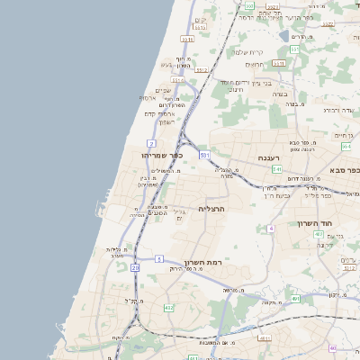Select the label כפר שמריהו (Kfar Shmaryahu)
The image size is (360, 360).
click(162, 155)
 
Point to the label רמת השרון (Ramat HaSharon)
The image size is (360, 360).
click(202, 262)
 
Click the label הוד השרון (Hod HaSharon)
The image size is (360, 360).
click(316, 222)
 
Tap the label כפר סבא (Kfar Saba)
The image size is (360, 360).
click(346, 170)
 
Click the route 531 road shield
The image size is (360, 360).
click(205, 156)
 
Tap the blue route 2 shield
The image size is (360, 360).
click(151, 143)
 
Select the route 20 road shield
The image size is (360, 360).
click(135, 267)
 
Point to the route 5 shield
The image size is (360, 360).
click(158, 259)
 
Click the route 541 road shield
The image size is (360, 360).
click(276, 168)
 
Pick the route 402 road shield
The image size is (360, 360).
click(168, 308)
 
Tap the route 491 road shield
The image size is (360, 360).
click(295, 299)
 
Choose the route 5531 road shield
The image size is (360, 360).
click(186, 40)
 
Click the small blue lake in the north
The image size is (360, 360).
click(284, 36)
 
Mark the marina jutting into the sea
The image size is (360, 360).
click(100, 209)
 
